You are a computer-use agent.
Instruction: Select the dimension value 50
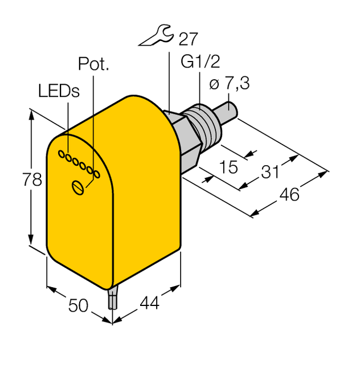pyautogui.click(x=79, y=305)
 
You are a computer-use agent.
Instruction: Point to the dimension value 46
pyautogui.click(x=289, y=194)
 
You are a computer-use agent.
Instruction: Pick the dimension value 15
pyautogui.click(x=228, y=168)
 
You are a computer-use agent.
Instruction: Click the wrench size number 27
pyautogui.click(x=189, y=39)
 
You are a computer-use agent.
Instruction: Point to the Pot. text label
pyautogui.click(x=93, y=64)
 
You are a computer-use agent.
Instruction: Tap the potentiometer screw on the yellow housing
pyautogui.click(x=79, y=187)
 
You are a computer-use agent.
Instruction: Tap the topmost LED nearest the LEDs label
pyautogui.click(x=60, y=154)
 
